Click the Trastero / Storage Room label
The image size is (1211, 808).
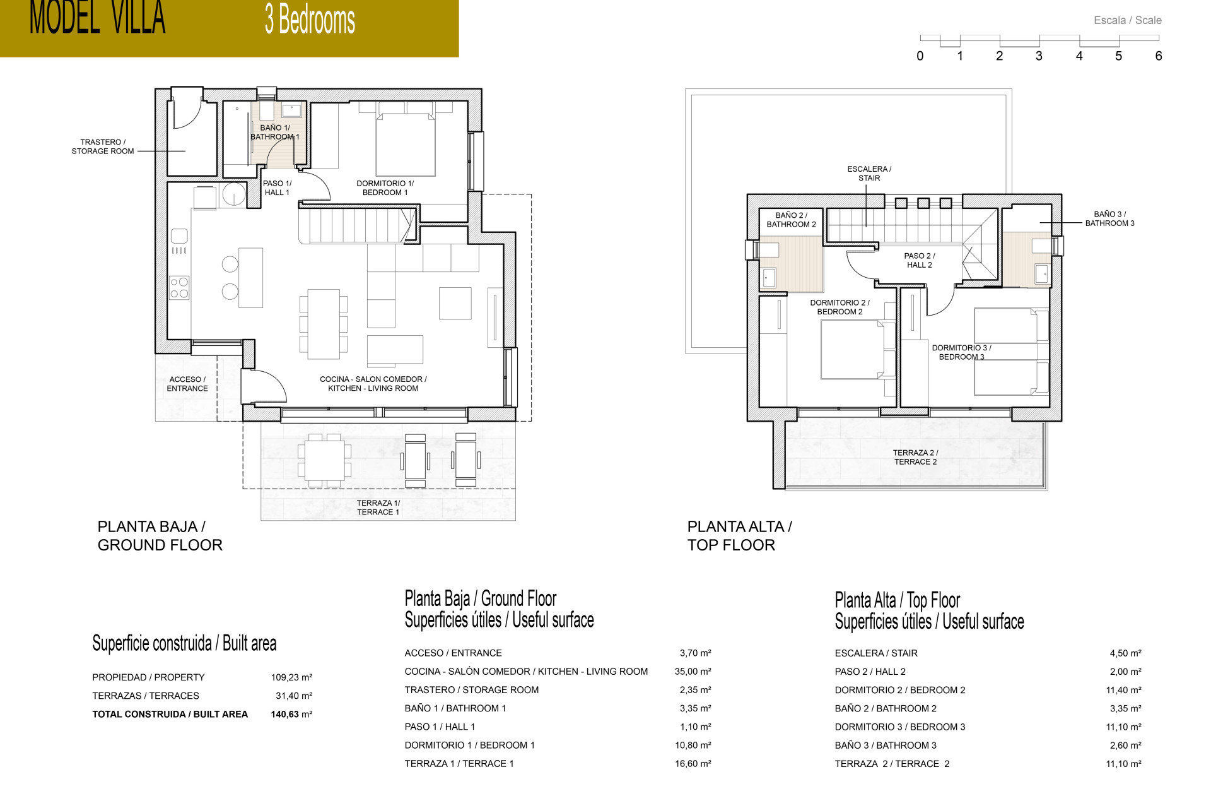pos(103,146)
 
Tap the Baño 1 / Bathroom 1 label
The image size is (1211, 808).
pos(275,132)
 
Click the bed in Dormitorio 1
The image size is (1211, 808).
pos(406,145)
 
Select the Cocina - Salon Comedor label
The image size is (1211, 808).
pos(373,384)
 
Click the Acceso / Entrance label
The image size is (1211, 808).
pos(187,384)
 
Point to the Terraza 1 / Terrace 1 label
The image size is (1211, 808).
pos(378,508)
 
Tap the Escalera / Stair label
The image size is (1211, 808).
pos(869,174)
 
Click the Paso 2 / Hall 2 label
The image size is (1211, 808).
pos(919,260)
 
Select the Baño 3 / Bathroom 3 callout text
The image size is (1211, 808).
pos(1109,218)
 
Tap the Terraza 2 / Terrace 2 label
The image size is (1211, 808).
pos(915,457)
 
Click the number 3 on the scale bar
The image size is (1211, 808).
pos(1039,56)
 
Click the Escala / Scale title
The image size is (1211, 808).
pos(1127,20)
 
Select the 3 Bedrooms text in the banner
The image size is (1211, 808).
pos(310,20)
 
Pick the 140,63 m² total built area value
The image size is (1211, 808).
pos(291,714)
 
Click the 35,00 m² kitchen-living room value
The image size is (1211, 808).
pos(693,671)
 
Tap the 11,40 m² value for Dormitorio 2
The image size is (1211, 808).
pos(1123,690)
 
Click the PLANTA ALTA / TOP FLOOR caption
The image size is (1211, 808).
pos(739,535)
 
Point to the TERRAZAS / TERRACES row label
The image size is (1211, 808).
pos(146,696)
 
